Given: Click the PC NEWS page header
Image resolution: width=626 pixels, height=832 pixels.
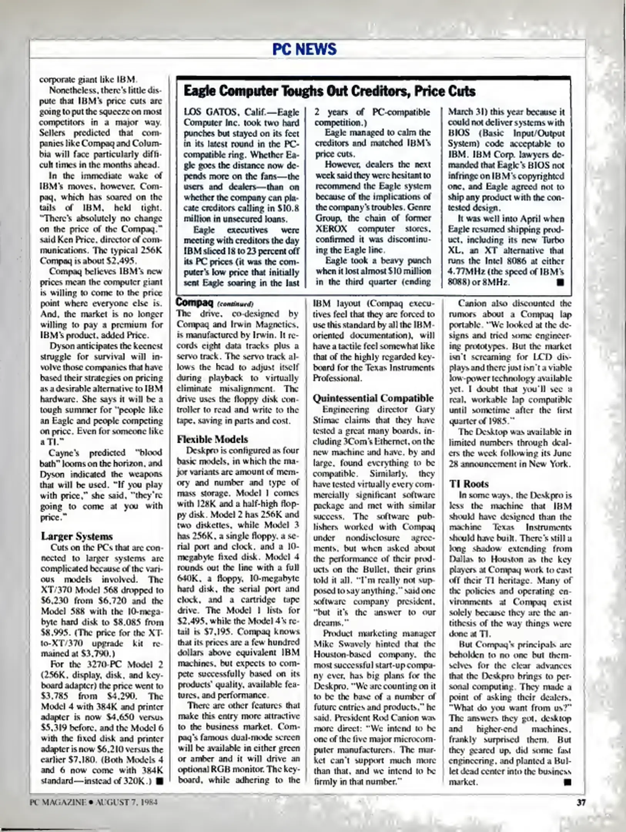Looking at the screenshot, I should (x=304, y=49).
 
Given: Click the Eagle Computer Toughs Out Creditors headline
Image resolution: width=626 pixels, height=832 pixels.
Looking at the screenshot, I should (x=329, y=91).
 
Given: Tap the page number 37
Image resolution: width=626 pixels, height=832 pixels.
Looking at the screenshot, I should (x=581, y=802).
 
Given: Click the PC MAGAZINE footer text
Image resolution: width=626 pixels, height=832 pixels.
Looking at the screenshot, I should (x=58, y=802).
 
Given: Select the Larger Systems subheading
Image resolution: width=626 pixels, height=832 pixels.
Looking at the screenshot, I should (x=77, y=536).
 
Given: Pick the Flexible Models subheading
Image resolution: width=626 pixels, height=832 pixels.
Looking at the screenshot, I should (x=212, y=439).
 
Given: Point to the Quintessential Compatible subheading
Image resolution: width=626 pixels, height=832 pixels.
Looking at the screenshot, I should (x=373, y=398).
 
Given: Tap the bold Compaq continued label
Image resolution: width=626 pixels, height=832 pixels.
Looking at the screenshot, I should (x=194, y=302).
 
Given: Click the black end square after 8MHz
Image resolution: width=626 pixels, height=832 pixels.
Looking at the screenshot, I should (x=560, y=282).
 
